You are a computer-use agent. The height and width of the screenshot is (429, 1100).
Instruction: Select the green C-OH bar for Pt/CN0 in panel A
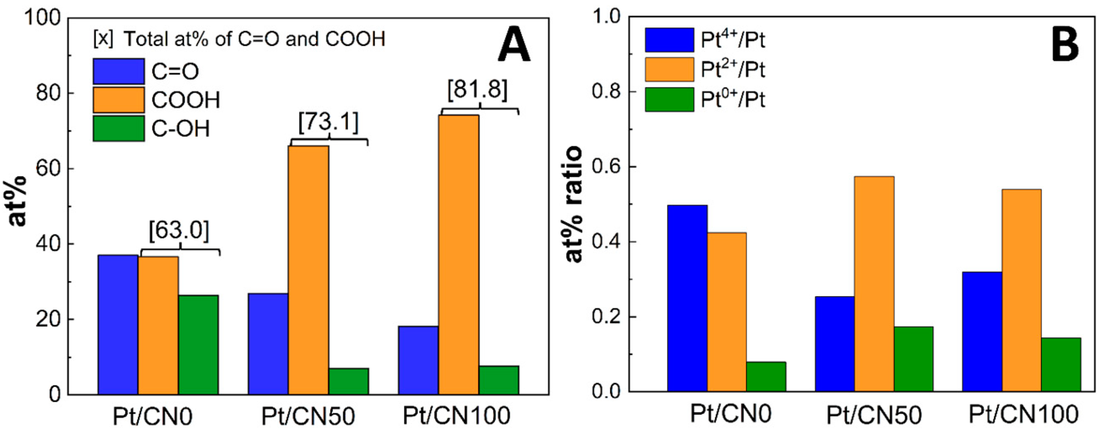[198, 344]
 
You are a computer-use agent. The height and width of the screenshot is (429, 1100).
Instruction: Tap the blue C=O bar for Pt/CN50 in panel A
[268, 343]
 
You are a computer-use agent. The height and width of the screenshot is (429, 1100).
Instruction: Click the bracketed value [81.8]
[478, 90]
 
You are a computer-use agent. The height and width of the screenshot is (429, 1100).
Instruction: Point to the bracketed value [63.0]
[179, 231]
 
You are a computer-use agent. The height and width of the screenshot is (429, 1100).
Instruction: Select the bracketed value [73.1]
[328, 122]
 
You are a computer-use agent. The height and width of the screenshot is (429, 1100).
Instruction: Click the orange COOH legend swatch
[118, 100]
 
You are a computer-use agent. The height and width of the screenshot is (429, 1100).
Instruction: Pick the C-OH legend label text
[181, 128]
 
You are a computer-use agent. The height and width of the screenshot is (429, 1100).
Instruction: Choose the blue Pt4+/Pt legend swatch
[669, 40]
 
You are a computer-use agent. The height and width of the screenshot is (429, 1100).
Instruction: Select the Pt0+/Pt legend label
[733, 100]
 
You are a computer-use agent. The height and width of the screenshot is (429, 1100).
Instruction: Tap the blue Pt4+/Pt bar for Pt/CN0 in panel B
[687, 298]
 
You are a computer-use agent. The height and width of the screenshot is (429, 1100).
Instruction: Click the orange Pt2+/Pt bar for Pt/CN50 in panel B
[874, 283]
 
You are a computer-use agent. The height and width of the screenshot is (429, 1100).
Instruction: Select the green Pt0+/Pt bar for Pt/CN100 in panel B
[1060, 364]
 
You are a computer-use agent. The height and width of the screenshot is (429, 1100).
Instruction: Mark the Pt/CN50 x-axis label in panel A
[307, 415]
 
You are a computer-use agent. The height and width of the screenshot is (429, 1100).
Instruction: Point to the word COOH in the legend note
[355, 39]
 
